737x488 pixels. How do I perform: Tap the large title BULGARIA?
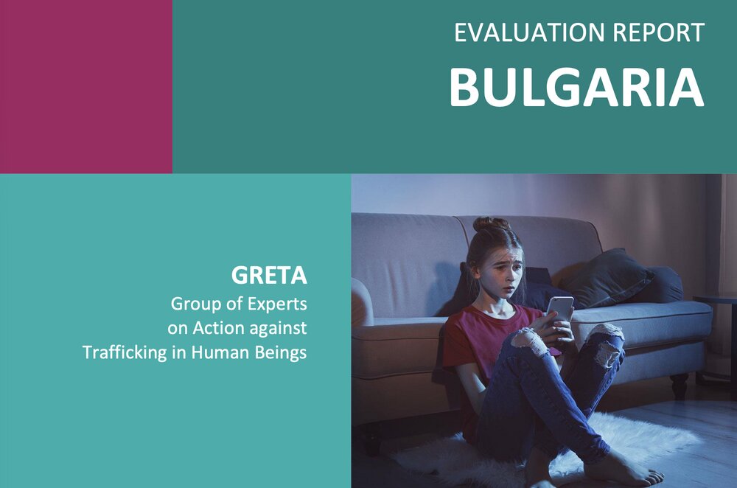pos(577,88)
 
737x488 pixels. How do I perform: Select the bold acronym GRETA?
pos(269,276)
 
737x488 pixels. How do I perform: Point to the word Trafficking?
pos(125,352)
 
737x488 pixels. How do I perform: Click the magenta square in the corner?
pos(86,86)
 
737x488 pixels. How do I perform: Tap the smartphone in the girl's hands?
pos(560,311)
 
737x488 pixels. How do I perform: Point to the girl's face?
pos(503,273)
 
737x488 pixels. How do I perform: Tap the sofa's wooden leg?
pos(680,386)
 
